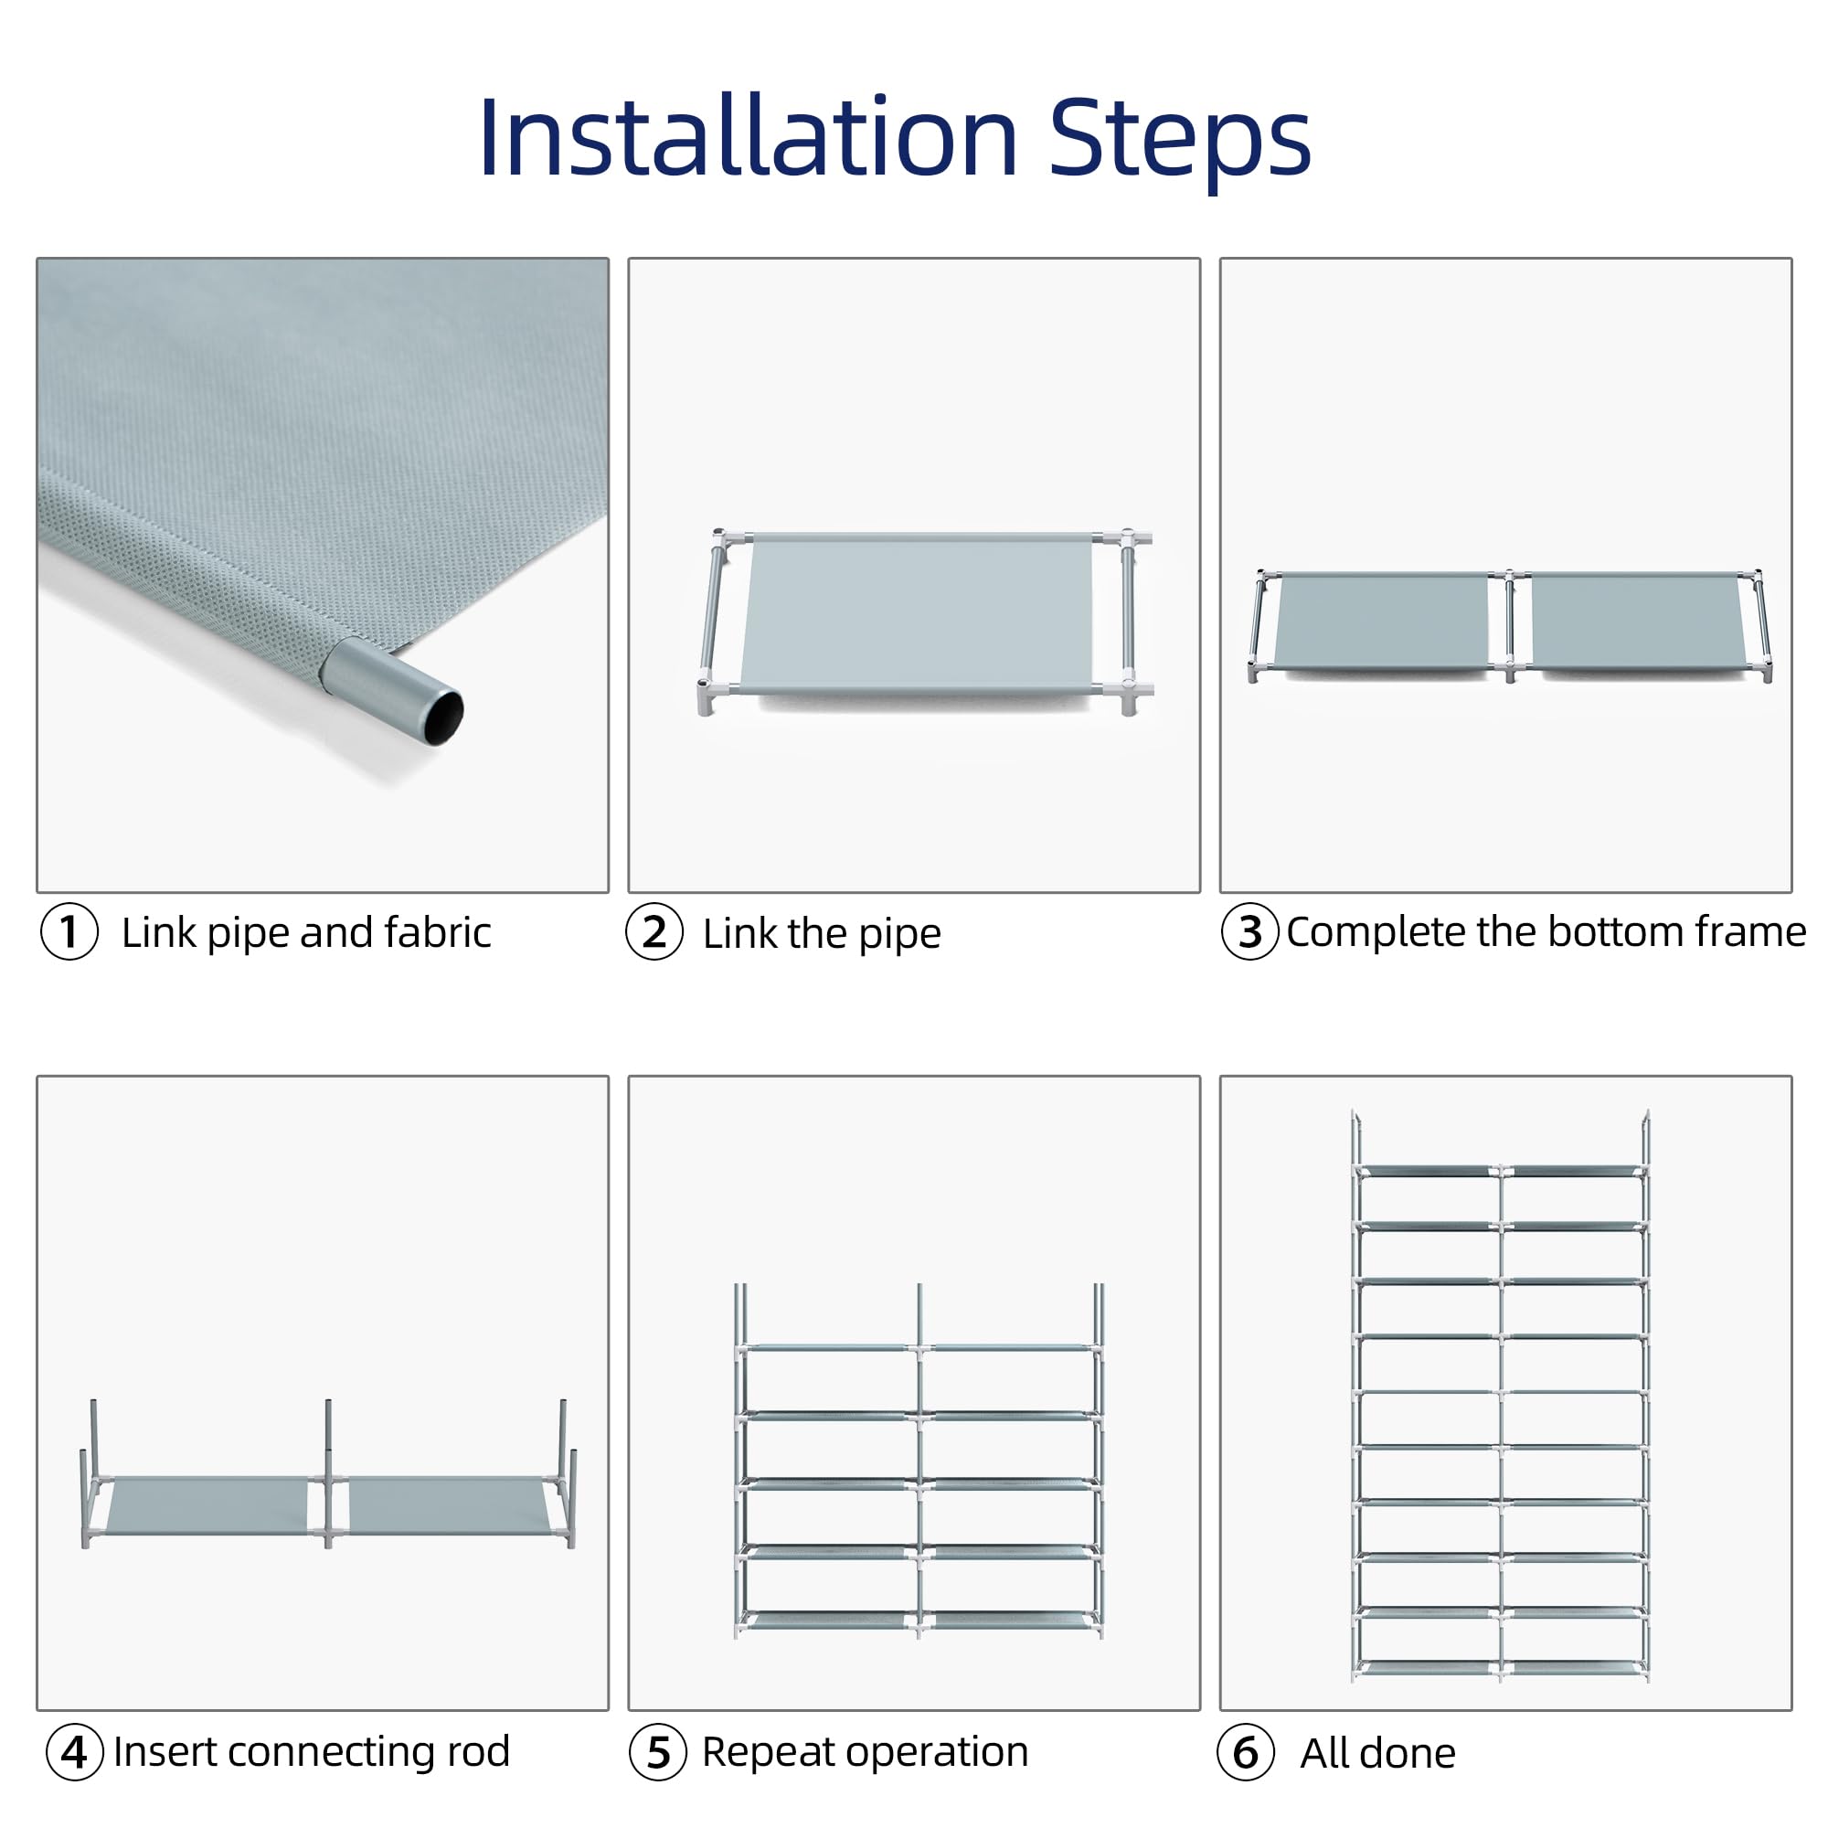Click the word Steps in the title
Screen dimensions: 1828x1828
pos(1180,142)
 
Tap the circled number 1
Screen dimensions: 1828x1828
pos(69,932)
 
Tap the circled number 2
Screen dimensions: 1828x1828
pos(654,932)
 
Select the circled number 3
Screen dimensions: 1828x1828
pos(1249,932)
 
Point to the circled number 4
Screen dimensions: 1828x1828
pos(75,1752)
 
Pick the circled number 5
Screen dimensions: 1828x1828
pos(658,1752)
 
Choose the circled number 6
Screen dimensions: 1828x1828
pos(1246,1752)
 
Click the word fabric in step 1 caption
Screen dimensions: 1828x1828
pos(438,932)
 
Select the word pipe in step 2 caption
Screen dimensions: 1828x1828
pos(899,936)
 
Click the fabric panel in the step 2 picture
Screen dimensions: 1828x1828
pos(917,615)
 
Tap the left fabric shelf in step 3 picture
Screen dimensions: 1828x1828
pos(1381,621)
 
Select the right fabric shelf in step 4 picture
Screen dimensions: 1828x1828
pos(449,1506)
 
